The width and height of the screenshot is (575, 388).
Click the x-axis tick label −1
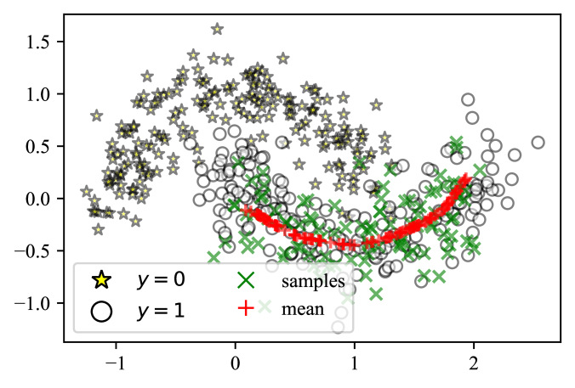pos(114,358)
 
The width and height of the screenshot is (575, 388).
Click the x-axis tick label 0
pos(236,358)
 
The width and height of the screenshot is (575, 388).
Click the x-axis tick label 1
pos(355,358)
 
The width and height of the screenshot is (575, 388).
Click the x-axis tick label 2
pos(474,358)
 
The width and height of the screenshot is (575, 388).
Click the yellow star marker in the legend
pos(102,278)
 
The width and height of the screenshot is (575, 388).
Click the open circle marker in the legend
pos(102,311)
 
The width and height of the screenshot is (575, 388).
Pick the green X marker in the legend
pos(248,278)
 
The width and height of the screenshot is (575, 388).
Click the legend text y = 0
pos(161,278)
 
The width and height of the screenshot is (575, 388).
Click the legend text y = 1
pos(161,311)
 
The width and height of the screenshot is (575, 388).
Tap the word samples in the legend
pos(312,280)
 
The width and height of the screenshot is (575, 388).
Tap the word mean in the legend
pos(303,310)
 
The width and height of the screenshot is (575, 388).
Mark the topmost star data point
pos(217,30)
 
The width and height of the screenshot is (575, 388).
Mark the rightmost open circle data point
pos(538,143)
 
